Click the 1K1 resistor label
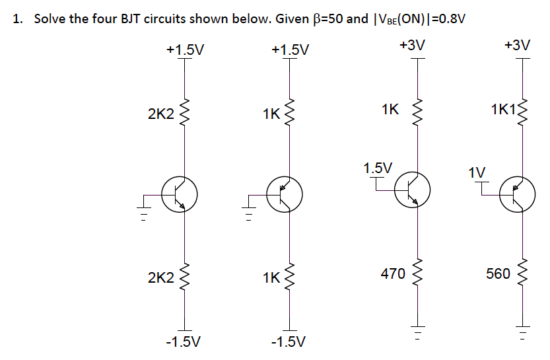[x=505, y=109]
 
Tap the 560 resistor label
[x=498, y=273]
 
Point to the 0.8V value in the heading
[x=450, y=18]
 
